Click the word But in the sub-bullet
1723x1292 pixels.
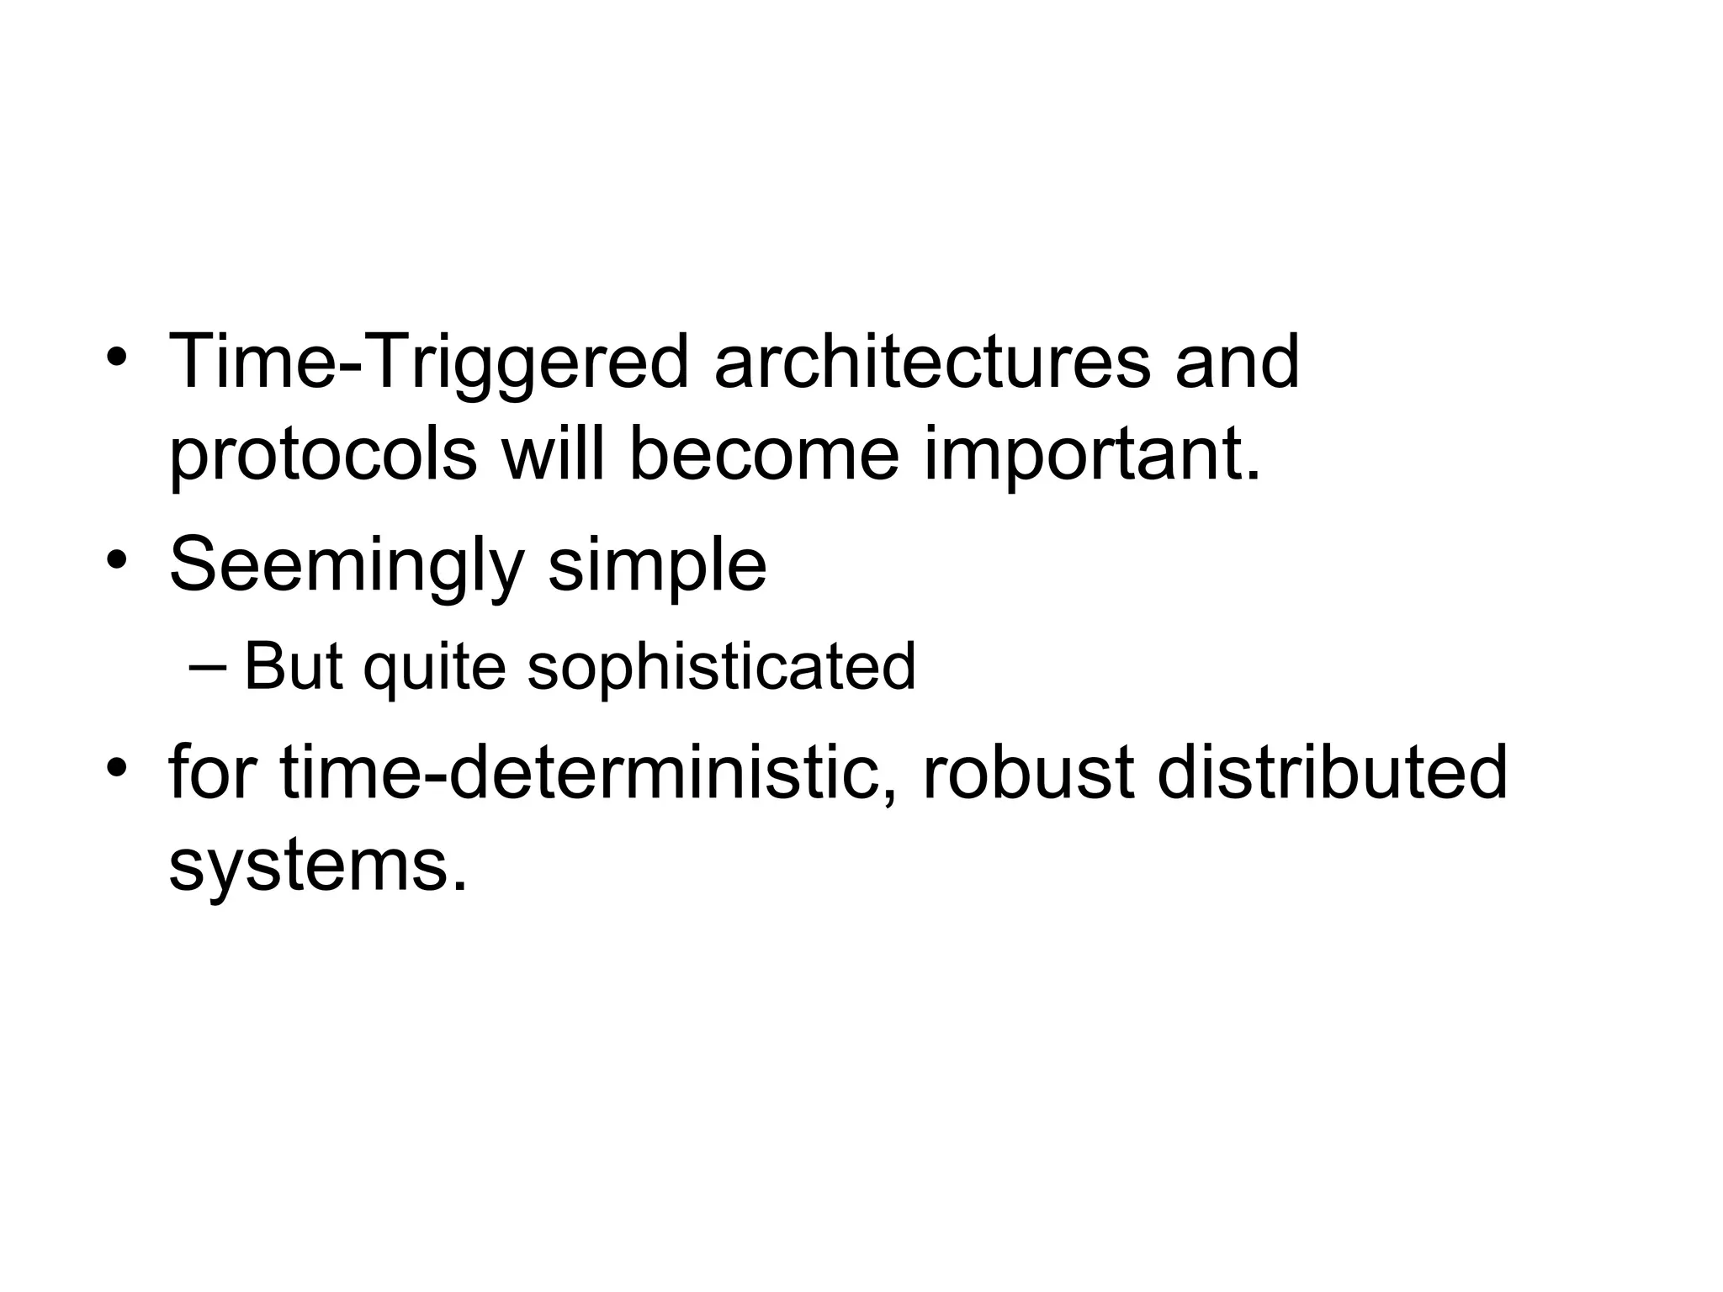294,666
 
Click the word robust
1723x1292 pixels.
1028,772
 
